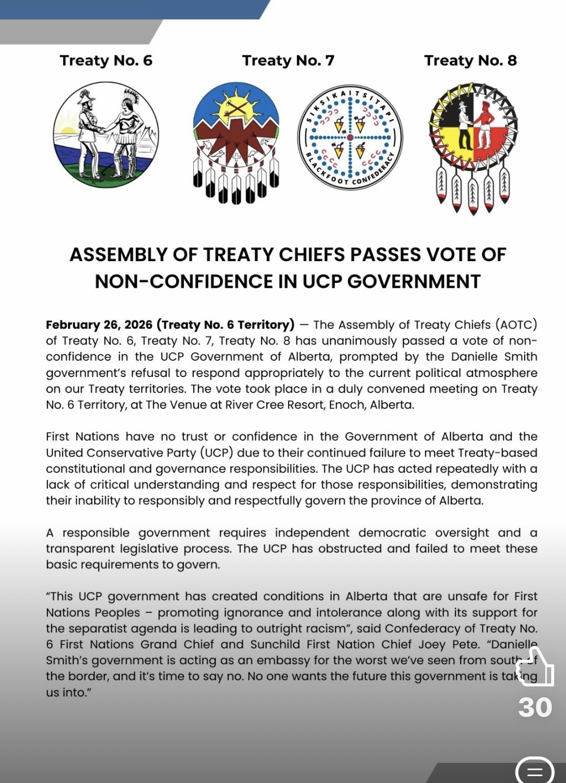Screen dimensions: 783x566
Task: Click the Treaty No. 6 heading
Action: tap(106, 61)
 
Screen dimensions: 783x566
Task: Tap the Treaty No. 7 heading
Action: tap(288, 61)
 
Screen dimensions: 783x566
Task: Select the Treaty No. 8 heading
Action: tap(470, 61)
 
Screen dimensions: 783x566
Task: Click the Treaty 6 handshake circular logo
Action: tap(106, 135)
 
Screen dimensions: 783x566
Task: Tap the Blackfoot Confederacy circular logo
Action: tap(350, 136)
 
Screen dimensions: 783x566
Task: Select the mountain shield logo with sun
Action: tap(236, 143)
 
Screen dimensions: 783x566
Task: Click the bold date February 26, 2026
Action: tap(99, 325)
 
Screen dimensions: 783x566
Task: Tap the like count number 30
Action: tap(534, 707)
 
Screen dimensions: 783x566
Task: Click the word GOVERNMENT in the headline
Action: tap(414, 281)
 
